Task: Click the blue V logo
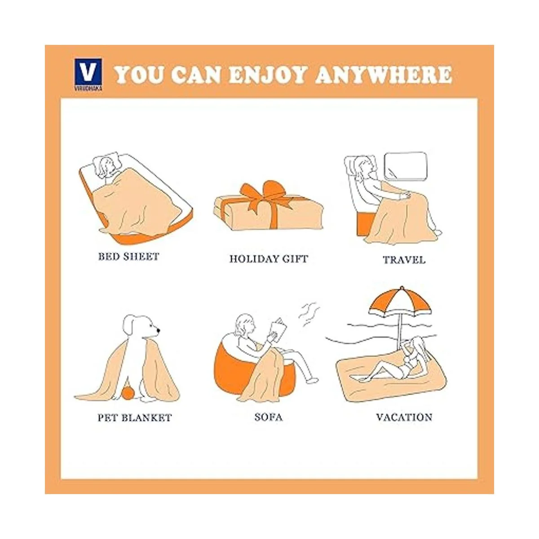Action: [88, 74]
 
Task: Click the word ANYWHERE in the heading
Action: [383, 75]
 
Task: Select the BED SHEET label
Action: [128, 256]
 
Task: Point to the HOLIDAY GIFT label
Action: [269, 259]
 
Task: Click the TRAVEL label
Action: [404, 260]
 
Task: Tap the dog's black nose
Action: [158, 331]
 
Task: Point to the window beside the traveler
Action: [406, 166]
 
